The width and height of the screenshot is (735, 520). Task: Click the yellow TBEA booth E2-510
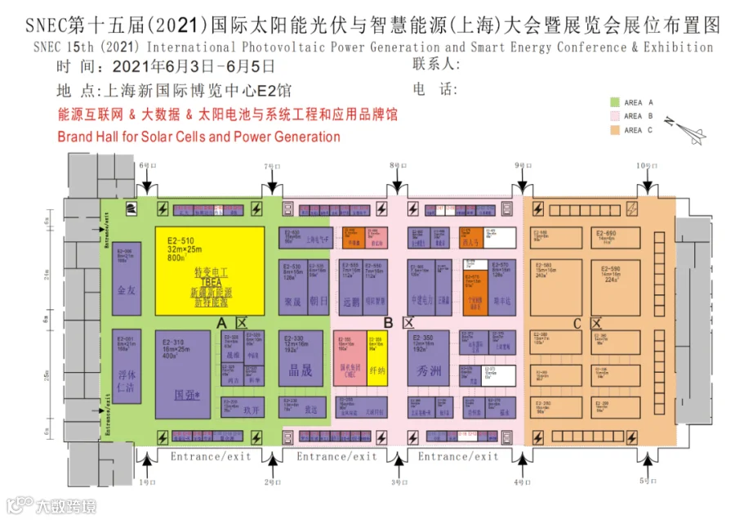[210, 271]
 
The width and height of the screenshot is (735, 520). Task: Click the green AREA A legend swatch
[613, 103]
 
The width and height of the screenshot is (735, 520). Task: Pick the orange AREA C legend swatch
[613, 129]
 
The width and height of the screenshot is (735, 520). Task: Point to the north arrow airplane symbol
[679, 128]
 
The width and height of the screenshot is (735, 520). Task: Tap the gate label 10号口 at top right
[645, 166]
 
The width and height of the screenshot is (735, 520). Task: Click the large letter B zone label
[389, 323]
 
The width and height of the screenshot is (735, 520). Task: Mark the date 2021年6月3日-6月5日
[194, 66]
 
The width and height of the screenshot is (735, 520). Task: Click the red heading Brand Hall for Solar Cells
[198, 136]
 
